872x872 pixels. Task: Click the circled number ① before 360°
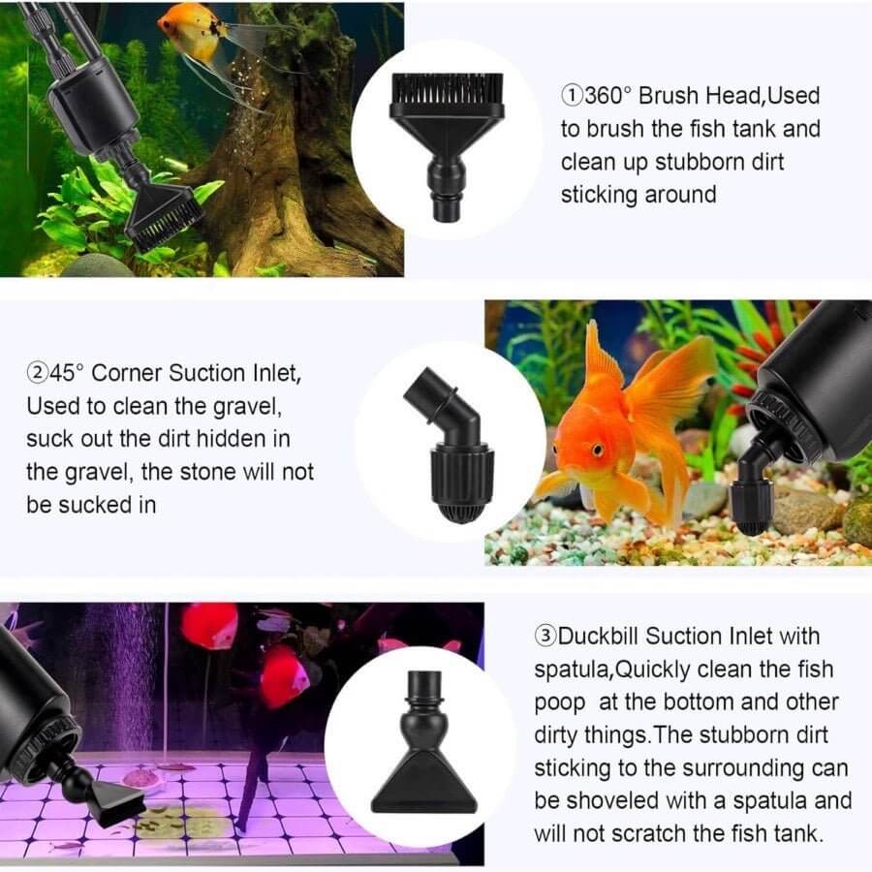(x=571, y=96)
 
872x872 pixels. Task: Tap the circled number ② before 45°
(x=36, y=373)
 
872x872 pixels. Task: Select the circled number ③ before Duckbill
(x=545, y=637)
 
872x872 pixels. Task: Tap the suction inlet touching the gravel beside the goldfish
(x=752, y=504)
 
